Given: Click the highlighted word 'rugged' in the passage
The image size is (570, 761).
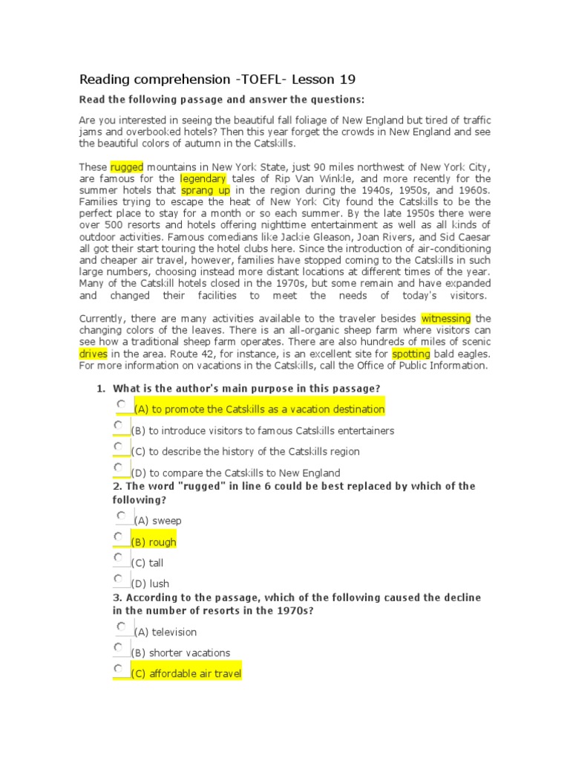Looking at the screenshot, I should click(127, 166).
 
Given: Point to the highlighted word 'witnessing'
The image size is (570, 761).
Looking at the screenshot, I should click(445, 318).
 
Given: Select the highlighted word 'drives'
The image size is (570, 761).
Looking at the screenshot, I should click(94, 354).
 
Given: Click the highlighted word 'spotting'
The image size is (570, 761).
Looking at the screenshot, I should click(411, 354).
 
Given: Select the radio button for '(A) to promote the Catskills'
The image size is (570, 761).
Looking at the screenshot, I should click(121, 404).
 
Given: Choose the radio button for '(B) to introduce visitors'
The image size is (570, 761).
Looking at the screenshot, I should click(118, 425).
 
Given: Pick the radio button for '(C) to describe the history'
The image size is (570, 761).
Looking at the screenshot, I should click(118, 446).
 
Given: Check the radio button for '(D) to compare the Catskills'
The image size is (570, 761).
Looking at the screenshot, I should click(118, 467).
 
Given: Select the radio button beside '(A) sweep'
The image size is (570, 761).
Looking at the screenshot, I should click(121, 515).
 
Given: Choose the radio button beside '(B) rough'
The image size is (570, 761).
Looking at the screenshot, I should click(118, 536).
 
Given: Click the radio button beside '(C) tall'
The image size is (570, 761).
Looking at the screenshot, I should click(118, 557).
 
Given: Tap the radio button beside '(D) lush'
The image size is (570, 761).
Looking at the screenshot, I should click(118, 577).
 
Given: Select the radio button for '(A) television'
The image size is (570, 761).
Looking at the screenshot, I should click(121, 626).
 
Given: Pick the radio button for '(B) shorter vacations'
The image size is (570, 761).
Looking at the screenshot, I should click(118, 647).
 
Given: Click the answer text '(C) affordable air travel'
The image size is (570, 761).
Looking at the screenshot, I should click(186, 674).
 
